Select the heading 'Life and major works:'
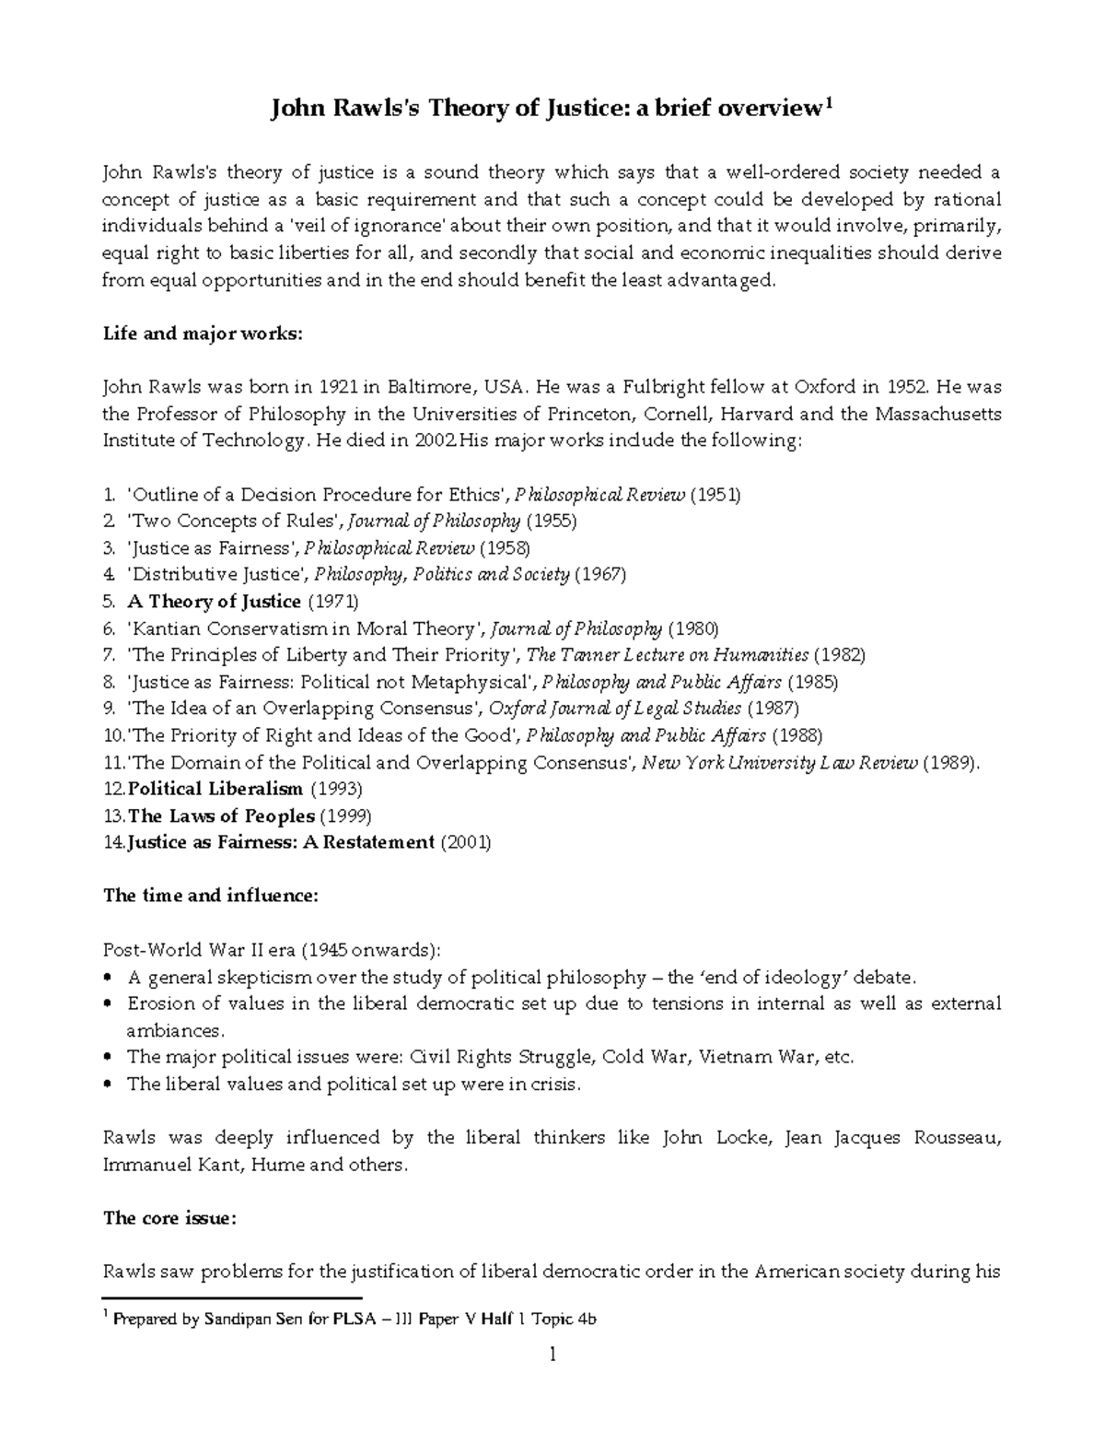click(x=202, y=334)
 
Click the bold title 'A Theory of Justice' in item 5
click(x=215, y=602)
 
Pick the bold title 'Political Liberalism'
click(x=215, y=789)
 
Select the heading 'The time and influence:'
click(x=211, y=896)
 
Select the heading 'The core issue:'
click(x=169, y=1218)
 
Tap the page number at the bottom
click(x=552, y=1355)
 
